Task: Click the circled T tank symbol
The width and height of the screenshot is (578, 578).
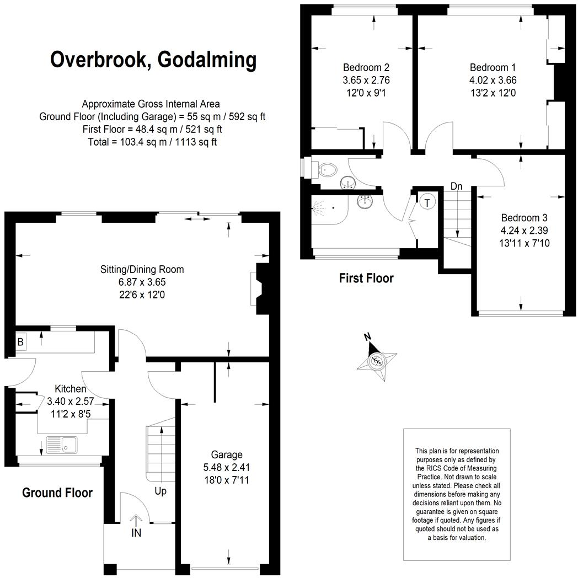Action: click(427, 202)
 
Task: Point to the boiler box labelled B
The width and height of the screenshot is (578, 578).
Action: click(20, 342)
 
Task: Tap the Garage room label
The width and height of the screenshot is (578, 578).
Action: click(226, 455)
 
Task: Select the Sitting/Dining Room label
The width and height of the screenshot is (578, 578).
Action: click(142, 270)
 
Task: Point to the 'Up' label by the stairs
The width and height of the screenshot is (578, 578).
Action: click(160, 491)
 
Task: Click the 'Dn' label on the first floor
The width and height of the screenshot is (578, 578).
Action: click(456, 186)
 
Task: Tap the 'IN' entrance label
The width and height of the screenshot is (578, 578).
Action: click(136, 534)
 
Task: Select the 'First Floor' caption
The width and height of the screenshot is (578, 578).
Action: click(366, 278)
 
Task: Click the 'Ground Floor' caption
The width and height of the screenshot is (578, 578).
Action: click(57, 493)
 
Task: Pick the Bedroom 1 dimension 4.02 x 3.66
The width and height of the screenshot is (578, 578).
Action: click(493, 80)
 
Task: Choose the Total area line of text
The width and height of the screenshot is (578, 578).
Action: click(152, 142)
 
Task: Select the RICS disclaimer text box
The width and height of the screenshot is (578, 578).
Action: click(457, 494)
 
